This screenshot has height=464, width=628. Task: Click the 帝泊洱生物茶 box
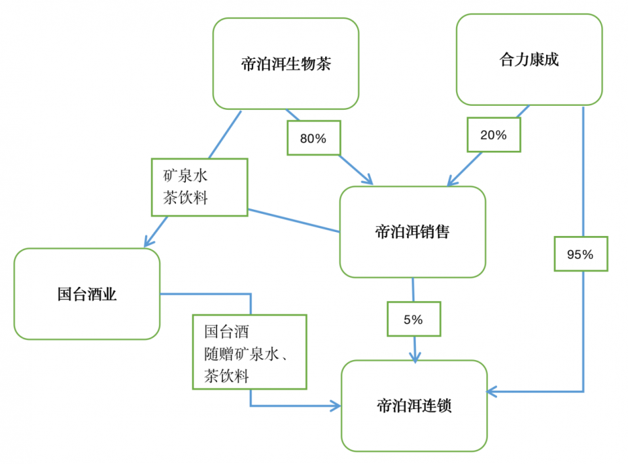point(285,63)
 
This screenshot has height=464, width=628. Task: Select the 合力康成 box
point(529,59)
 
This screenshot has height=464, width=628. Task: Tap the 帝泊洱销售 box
point(412,232)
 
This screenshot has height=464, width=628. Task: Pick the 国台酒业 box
point(86,294)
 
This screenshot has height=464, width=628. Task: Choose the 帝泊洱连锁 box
point(414,405)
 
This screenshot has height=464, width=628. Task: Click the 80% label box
point(314,138)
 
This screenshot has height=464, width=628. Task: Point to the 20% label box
point(493,135)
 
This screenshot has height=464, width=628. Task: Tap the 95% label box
point(580,254)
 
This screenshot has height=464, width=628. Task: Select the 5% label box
point(413,320)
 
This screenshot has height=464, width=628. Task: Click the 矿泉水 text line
point(186,176)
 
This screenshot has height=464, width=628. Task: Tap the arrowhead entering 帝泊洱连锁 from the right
point(493,391)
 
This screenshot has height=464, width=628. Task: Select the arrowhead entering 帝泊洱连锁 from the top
point(415,357)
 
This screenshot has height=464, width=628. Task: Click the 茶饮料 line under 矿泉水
point(186,197)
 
